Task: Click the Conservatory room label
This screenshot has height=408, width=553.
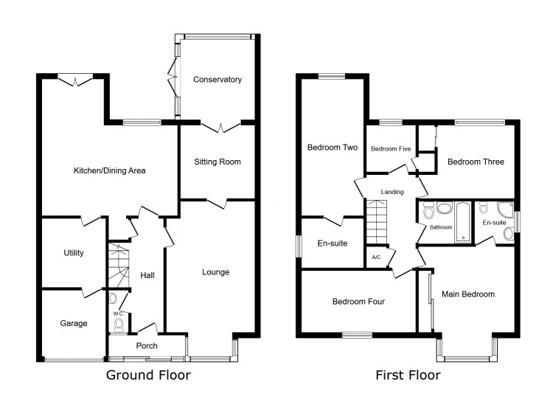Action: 217,80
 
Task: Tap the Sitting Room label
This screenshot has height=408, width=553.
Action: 217,162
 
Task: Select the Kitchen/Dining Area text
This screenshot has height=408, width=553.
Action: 109,170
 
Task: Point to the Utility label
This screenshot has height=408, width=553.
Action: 74,253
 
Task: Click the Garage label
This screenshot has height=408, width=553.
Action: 74,323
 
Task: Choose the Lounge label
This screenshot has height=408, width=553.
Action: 216,272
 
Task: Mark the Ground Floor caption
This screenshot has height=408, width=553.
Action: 148,376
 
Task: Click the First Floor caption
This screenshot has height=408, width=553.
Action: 408,376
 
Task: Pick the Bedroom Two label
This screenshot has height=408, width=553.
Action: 332,148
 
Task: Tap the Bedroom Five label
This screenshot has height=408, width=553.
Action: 390,149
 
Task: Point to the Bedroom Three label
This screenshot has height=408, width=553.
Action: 476,162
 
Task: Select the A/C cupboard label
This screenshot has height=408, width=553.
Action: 376,257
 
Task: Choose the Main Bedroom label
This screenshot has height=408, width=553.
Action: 467,294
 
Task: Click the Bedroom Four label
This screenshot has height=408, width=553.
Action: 358,301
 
